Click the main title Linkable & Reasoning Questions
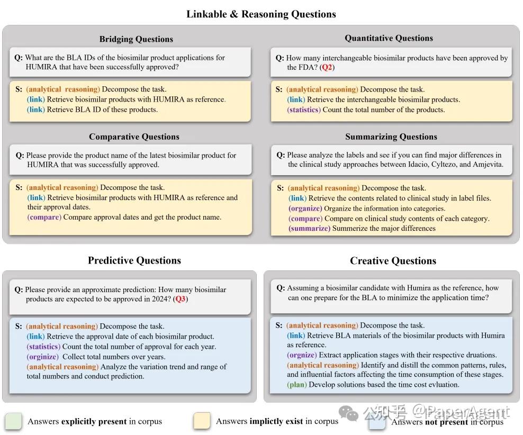[x=261, y=14]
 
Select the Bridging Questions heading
[x=136, y=39]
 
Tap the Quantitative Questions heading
[x=389, y=38]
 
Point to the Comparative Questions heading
[x=134, y=137]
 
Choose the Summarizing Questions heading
[x=391, y=137]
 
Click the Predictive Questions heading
[x=134, y=260]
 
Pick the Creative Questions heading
[x=393, y=261]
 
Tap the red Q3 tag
[x=181, y=299]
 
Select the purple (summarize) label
[x=309, y=228]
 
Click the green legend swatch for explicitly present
[x=13, y=421]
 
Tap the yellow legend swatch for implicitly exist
[x=202, y=421]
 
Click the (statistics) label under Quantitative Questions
[x=304, y=110]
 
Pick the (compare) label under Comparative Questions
[x=44, y=217]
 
